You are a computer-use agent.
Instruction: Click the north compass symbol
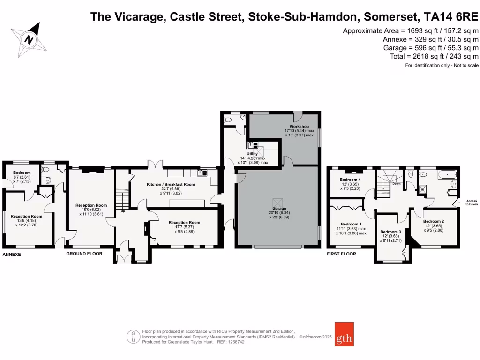[x=29, y=39]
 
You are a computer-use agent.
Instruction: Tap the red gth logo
[x=344, y=333]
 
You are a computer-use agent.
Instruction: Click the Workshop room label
[x=299, y=127]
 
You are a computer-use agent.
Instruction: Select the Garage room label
[x=279, y=208]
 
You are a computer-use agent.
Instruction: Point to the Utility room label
[x=253, y=153]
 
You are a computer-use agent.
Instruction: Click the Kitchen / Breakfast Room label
[x=171, y=184]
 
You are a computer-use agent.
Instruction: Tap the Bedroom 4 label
[x=350, y=180]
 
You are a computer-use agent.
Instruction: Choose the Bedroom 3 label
[x=390, y=232]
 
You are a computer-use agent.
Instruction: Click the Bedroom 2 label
[x=433, y=221]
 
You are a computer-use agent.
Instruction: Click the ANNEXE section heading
[x=13, y=254]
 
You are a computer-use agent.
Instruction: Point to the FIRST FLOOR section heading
[x=341, y=254]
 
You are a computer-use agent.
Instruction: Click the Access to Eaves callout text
[x=471, y=202]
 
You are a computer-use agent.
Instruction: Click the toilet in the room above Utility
[x=228, y=120]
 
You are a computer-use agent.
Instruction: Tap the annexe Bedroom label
[x=22, y=172]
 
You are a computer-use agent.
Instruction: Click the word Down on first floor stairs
[x=397, y=184]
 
